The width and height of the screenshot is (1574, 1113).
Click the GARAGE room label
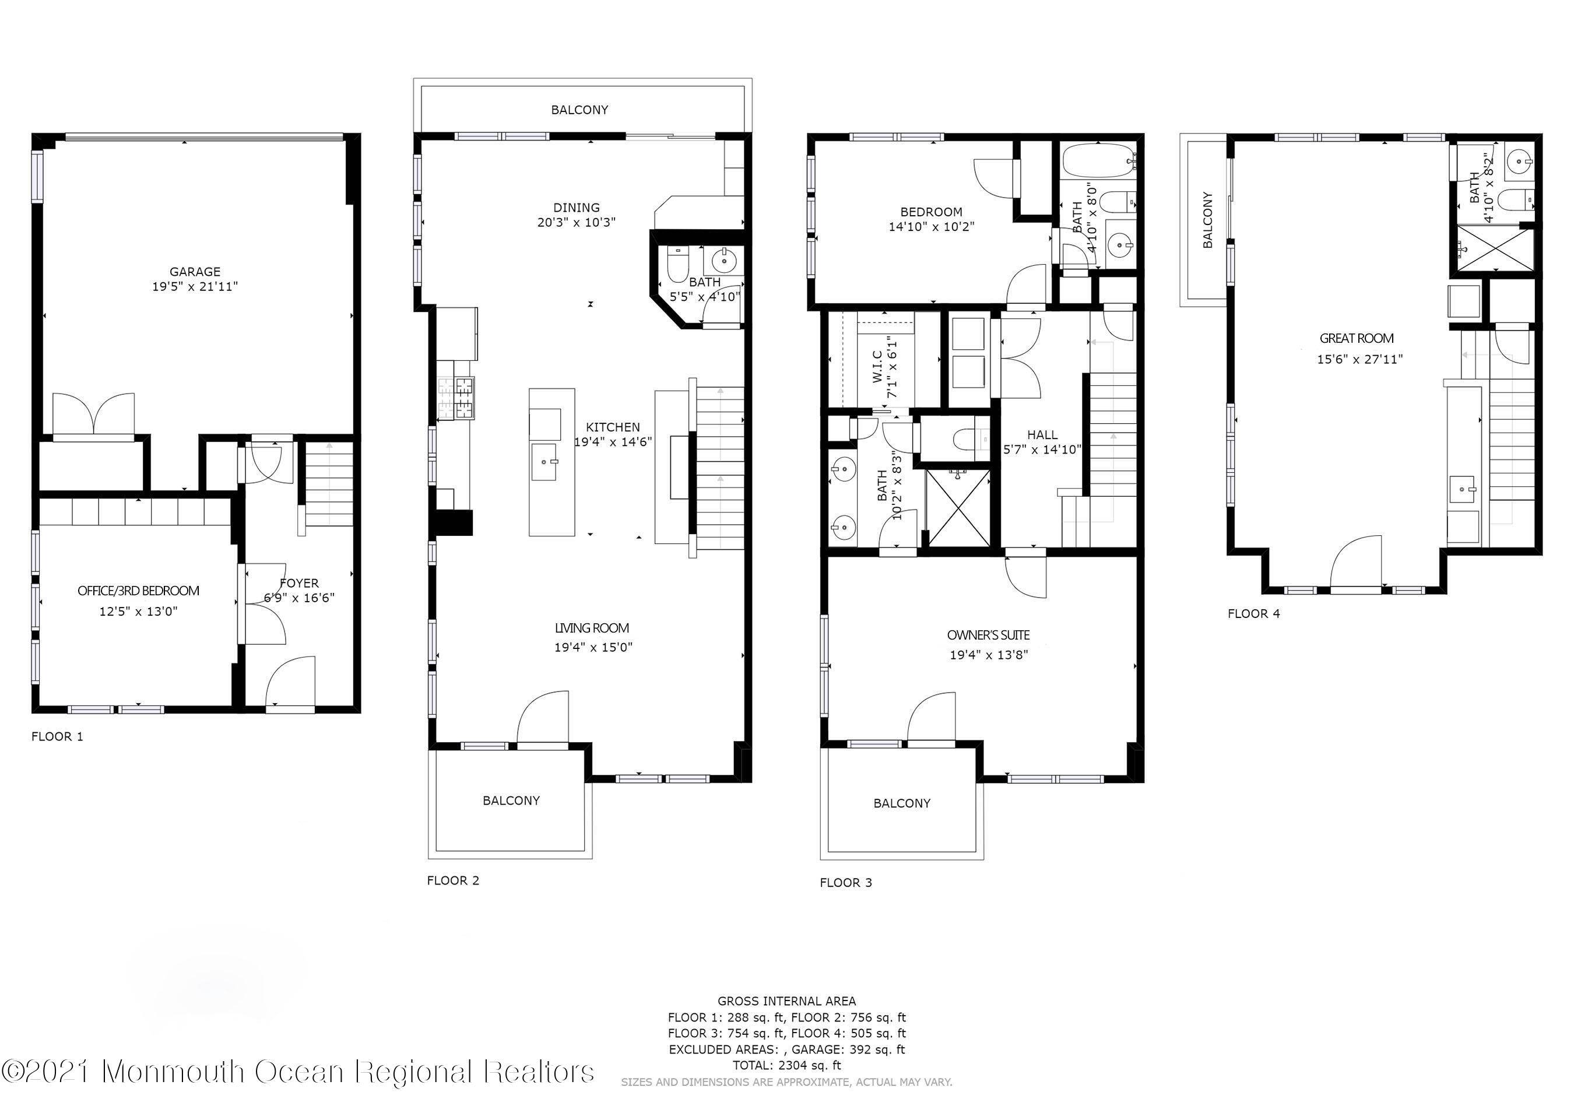coord(195,272)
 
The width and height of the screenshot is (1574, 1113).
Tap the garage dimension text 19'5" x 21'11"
coord(195,287)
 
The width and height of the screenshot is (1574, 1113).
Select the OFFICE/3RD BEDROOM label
coord(139,591)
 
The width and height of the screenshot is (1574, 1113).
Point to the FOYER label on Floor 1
coord(299,584)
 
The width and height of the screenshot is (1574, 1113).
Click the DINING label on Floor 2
coord(577,208)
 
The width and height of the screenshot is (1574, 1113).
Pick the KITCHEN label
coord(613,427)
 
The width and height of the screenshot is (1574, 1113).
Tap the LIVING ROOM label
coord(592,628)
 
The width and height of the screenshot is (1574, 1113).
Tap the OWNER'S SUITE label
coord(989,636)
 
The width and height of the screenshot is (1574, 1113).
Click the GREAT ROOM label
coord(1357,338)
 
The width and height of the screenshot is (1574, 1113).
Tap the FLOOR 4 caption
coord(1254,614)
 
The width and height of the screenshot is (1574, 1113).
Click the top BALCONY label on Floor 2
coord(579,110)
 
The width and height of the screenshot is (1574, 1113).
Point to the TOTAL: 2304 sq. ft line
coord(786,1065)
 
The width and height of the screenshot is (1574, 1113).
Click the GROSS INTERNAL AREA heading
coord(786,1001)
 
